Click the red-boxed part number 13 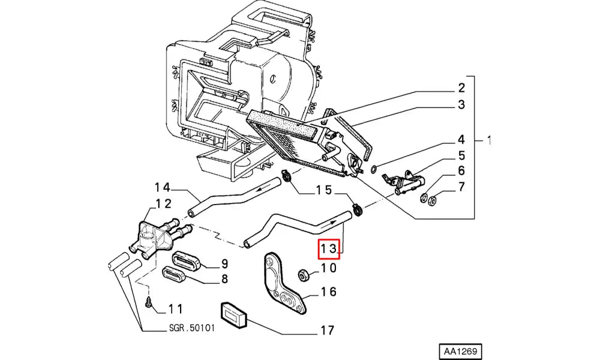point(329,248)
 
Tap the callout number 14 point(163,186)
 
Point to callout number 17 point(327,330)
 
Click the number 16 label point(328,292)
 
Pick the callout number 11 point(175,310)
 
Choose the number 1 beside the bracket point(490,141)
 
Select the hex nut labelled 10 point(304,276)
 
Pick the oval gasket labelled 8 point(178,277)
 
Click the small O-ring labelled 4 point(374,169)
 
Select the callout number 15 point(324,191)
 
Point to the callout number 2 point(461,87)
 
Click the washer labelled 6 point(424,196)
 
